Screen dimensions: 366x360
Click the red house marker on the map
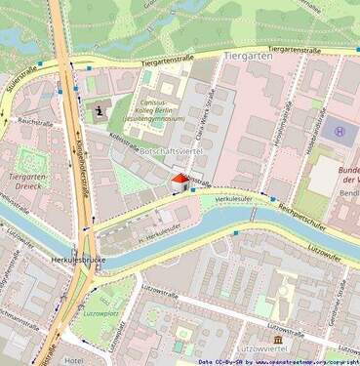pos(179,179)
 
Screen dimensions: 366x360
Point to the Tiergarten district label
pos(245,57)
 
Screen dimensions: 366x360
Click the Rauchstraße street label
pos(35,122)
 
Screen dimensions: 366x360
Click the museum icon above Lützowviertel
pos(278,339)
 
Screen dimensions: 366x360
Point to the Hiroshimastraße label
pos(280,123)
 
